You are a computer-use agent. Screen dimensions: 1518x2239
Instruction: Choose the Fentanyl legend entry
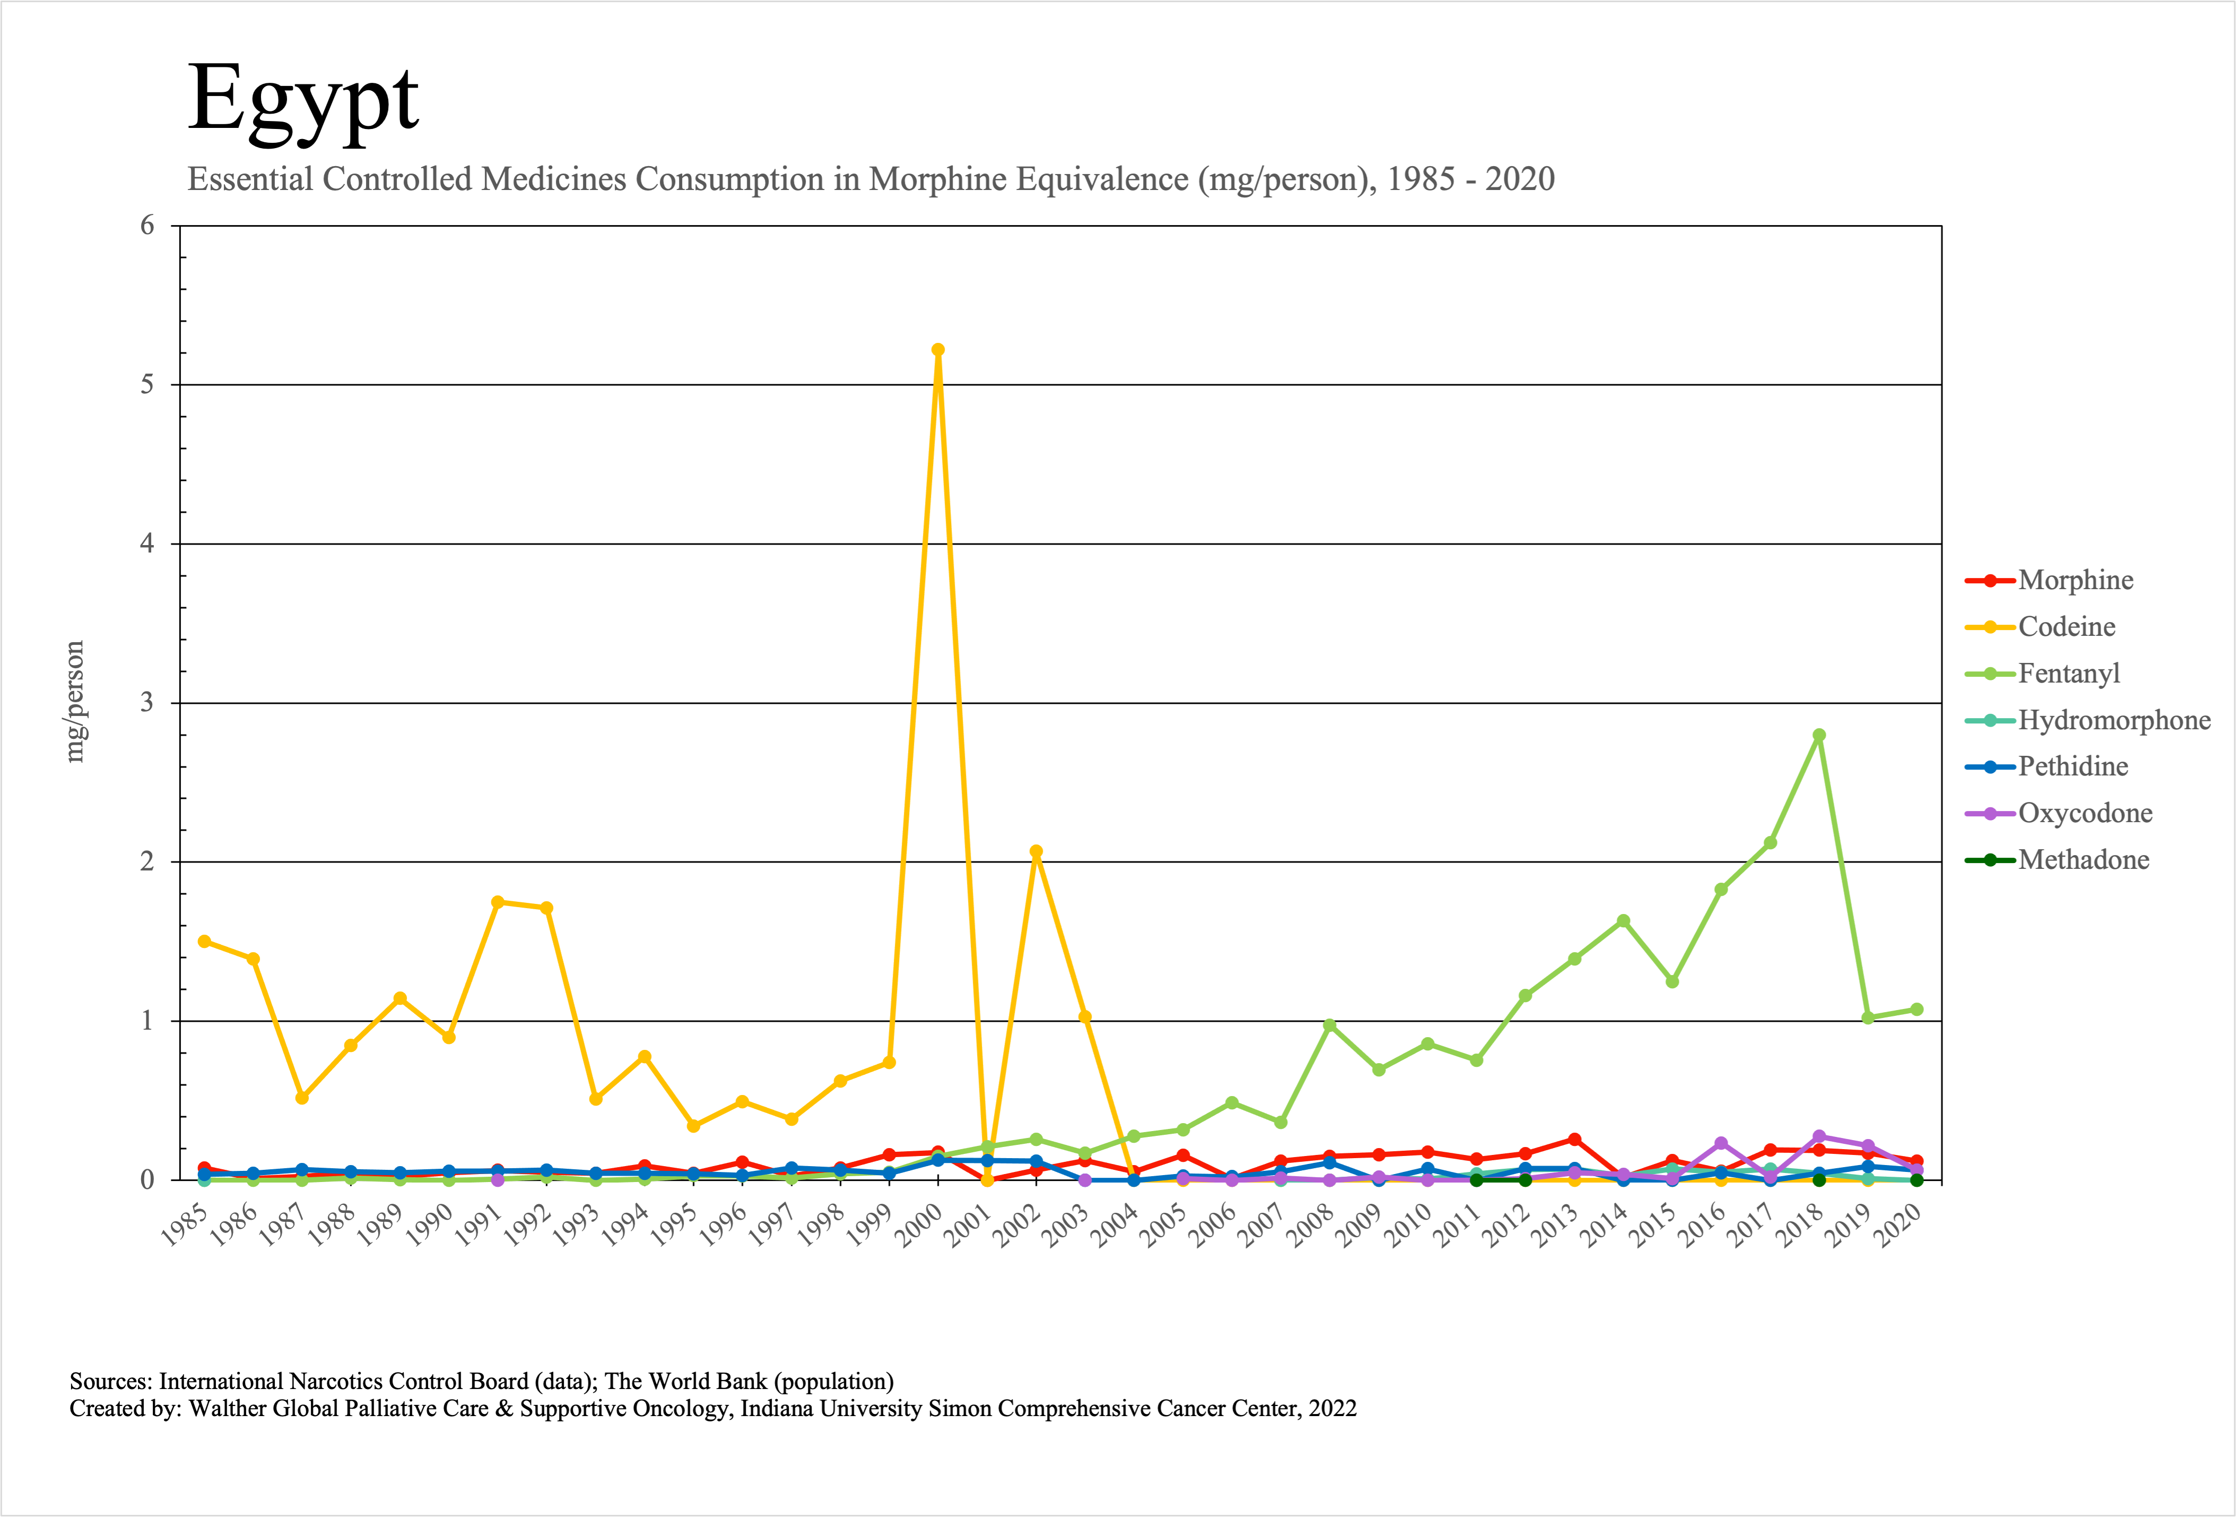[x=2069, y=674]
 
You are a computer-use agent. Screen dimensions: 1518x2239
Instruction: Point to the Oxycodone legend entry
[x=2085, y=814]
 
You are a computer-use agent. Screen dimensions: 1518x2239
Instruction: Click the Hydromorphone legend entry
[x=2114, y=720]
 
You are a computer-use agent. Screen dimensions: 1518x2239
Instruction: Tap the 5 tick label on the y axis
[x=147, y=385]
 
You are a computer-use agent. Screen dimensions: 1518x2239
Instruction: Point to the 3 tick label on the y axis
[x=147, y=703]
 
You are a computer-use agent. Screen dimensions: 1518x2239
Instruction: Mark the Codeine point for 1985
[x=204, y=942]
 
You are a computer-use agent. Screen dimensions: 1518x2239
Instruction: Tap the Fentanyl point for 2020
[x=1916, y=1009]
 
